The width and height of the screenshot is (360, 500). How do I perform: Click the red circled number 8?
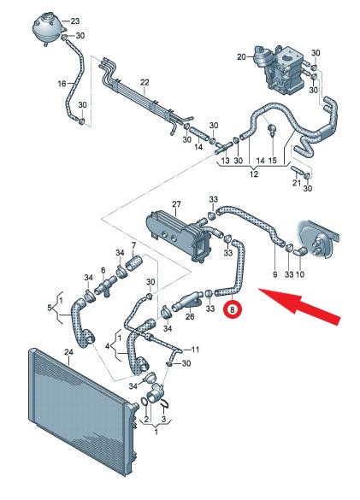233,309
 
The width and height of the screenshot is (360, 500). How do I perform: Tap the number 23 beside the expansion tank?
74,21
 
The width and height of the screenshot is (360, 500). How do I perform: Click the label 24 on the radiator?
68,352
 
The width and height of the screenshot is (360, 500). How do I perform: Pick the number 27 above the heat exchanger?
176,204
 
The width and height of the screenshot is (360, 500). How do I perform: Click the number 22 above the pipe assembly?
145,82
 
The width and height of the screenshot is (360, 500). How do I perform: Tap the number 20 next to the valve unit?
242,56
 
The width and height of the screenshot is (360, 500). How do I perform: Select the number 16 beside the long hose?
62,84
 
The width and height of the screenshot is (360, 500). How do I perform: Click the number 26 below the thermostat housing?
190,316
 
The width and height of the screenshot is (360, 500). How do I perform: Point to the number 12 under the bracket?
254,174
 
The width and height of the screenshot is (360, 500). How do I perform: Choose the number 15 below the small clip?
273,160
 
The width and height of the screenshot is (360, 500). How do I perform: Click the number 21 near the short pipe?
297,183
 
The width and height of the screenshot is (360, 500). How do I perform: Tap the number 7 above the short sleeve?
133,245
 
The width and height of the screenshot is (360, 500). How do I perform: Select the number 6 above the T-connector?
103,270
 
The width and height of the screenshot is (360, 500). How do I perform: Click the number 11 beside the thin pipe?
195,350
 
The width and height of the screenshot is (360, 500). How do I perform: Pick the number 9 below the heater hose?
275,274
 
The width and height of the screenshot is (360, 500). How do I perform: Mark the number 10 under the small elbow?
300,274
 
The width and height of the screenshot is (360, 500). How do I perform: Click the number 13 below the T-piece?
225,160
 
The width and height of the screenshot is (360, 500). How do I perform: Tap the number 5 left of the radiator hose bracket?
50,308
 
